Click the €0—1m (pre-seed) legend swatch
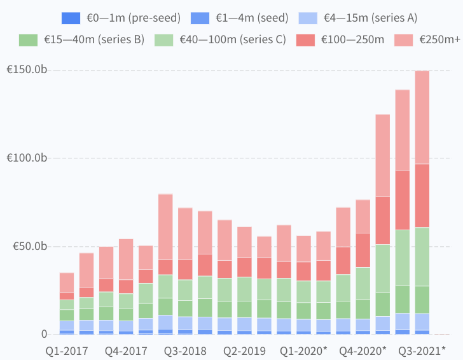tap(71, 18)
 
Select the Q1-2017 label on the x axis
tap(67, 351)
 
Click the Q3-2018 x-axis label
tap(185, 351)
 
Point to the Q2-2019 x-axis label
tap(244, 351)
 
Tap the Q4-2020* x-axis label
tap(363, 351)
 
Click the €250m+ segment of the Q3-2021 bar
tap(422, 117)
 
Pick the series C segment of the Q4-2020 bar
tap(363, 283)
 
